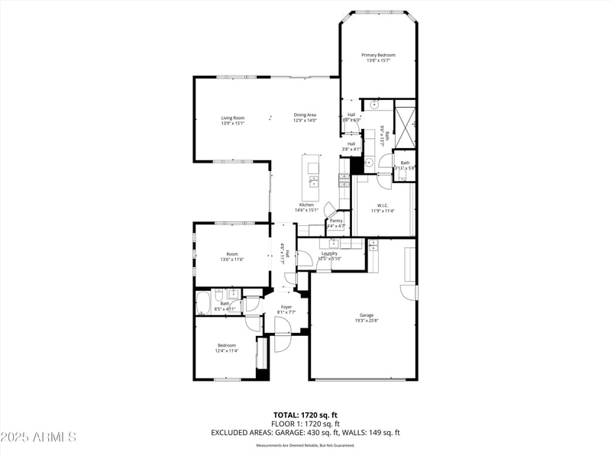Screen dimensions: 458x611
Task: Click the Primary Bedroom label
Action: click(379, 55)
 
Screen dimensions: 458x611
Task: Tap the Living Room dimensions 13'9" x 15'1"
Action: click(233, 124)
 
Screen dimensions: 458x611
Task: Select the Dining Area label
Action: click(305, 115)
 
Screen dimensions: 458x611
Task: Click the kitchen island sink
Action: click(313, 182)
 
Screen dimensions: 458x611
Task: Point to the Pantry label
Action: click(336, 221)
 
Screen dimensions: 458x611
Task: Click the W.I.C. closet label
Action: click(383, 205)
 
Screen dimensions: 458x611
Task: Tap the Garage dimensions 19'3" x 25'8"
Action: click(367, 321)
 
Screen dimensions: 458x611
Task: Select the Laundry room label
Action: click(330, 253)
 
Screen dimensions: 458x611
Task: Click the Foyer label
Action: click(286, 307)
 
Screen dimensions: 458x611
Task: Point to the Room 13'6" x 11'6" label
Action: click(232, 254)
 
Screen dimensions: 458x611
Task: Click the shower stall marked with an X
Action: click(405, 124)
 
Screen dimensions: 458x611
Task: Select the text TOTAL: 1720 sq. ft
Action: click(305, 414)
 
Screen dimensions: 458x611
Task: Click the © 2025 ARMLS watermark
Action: click(38, 437)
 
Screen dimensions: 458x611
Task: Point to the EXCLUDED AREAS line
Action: click(305, 432)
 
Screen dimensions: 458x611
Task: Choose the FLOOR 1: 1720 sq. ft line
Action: click(305, 423)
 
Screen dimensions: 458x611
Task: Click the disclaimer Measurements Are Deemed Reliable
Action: click(305, 445)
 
